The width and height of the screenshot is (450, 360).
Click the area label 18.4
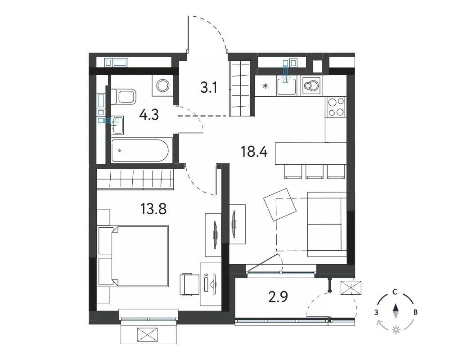pyautogui.click(x=254, y=151)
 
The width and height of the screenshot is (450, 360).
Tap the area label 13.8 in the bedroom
pyautogui.click(x=153, y=209)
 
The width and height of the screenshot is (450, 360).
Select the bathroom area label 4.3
pyautogui.click(x=149, y=115)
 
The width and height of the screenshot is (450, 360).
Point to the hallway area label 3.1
pyautogui.click(x=209, y=88)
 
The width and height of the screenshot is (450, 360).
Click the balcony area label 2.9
pyautogui.click(x=278, y=297)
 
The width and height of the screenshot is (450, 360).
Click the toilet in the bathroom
pyautogui.click(x=123, y=96)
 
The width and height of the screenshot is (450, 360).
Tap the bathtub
pyautogui.click(x=140, y=150)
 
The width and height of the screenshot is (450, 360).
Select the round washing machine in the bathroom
pyautogui.click(x=163, y=85)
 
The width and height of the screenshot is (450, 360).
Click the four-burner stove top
pyautogui.click(x=336, y=107)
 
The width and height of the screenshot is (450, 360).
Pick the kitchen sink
pyautogui.click(x=286, y=85)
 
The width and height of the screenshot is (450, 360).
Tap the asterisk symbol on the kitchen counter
pyautogui.click(x=265, y=85)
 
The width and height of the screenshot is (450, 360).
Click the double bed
pyautogui.click(x=133, y=256)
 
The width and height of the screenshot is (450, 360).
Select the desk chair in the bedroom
pyautogui.click(x=189, y=285)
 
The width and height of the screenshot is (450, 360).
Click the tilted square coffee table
pyautogui.click(x=280, y=204)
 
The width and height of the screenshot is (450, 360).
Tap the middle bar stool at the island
pyautogui.click(x=315, y=171)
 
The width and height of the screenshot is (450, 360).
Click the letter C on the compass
pyautogui.click(x=395, y=292)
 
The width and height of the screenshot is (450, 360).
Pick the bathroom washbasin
pyautogui.click(x=117, y=125)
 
